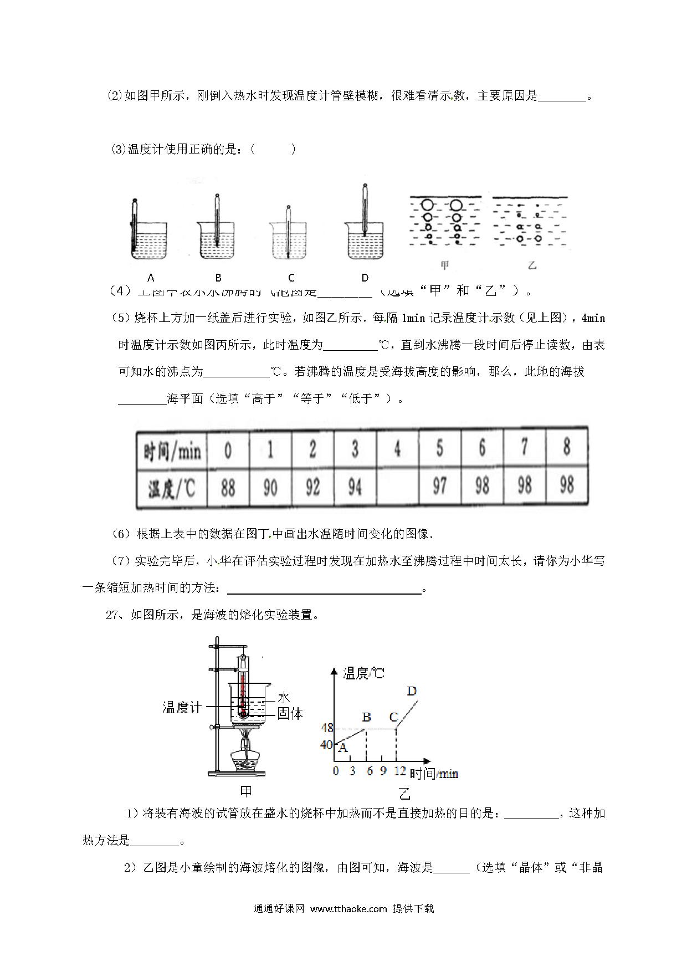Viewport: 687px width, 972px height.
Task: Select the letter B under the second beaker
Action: coord(218,278)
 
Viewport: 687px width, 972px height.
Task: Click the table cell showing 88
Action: coord(228,488)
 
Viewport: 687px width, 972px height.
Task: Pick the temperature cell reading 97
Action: coord(439,488)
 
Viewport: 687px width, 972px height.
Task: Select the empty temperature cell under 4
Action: coord(397,488)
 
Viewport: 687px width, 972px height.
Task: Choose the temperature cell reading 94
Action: coord(355,488)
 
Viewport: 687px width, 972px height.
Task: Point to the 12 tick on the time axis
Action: coord(399,771)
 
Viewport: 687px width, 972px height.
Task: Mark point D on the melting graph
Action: coord(412,691)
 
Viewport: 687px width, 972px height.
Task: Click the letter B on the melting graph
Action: coord(366,717)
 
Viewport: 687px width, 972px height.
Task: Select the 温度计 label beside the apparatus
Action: coord(182,707)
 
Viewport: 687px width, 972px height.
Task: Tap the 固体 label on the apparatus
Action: coord(290,714)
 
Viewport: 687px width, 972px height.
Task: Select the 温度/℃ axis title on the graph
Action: coord(363,673)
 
